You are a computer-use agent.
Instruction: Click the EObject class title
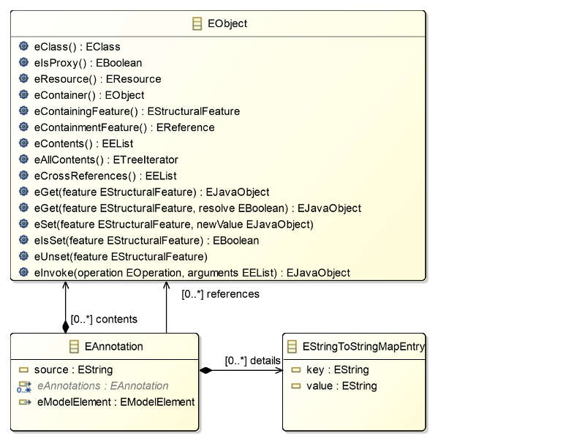coord(227,23)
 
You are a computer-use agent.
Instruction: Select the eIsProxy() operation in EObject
coord(88,63)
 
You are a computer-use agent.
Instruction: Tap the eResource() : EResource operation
coord(98,79)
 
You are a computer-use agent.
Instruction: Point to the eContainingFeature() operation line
coord(137,111)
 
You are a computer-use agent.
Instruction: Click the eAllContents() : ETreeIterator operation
coord(106,159)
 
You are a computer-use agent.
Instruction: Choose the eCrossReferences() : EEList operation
coord(105,176)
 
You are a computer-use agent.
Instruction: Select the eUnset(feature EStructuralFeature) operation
coord(121,257)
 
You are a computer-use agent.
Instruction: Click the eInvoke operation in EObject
coord(192,273)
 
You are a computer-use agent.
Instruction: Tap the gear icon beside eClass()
coord(23,46)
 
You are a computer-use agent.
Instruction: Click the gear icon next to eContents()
coord(23,143)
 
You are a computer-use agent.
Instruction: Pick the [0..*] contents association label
coord(104,320)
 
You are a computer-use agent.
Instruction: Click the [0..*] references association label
coord(221,294)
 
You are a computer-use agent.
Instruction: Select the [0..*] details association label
coord(252,361)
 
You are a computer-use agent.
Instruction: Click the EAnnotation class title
coord(114,347)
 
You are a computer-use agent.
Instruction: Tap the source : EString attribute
coord(74,369)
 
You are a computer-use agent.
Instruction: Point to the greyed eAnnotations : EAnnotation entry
coord(103,385)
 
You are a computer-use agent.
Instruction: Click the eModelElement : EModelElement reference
coord(116,402)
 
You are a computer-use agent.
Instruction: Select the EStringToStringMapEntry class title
coord(363,347)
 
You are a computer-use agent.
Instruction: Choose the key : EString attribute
coord(338,369)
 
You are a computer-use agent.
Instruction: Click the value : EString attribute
coord(341,385)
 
